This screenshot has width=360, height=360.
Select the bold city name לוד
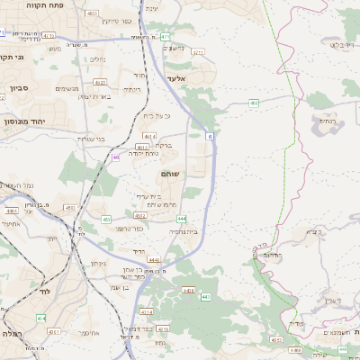[45, 292]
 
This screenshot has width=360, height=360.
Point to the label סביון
[20, 88]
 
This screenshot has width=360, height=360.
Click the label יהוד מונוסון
[29, 120]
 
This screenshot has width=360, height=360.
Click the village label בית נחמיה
[183, 231]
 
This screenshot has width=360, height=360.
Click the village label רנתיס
[326, 119]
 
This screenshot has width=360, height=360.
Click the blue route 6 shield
[209, 136]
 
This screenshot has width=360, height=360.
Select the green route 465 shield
[254, 103]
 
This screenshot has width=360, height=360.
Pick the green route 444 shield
[182, 219]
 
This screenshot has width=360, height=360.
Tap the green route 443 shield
[205, 296]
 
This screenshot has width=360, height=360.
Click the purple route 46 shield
[115, 157]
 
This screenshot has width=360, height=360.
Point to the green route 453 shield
[275, 340]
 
